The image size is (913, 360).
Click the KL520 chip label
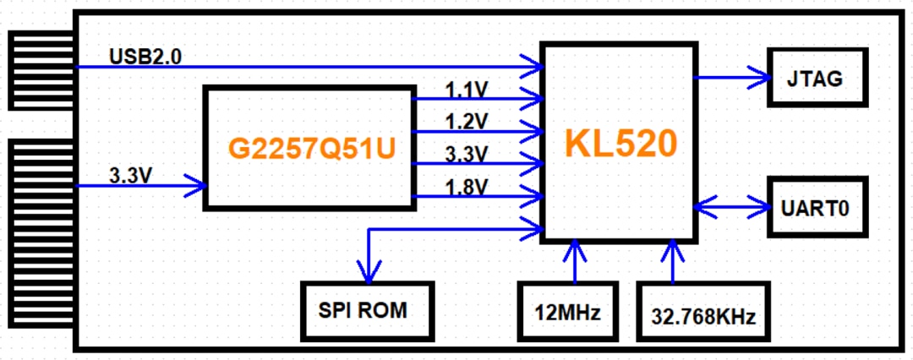coord(621,145)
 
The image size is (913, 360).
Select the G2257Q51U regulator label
coord(310,149)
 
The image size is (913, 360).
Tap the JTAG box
coord(817,78)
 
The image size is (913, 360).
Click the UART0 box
coord(817,207)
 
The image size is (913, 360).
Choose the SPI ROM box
coord(368,310)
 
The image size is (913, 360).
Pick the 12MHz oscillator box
coord(568,314)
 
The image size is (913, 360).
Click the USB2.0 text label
coord(145,56)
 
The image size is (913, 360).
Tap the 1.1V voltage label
coord(466,89)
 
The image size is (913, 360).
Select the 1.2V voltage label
coord(466,121)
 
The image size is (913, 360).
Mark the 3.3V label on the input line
coord(132,176)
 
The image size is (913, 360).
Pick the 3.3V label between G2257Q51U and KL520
coord(466,154)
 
